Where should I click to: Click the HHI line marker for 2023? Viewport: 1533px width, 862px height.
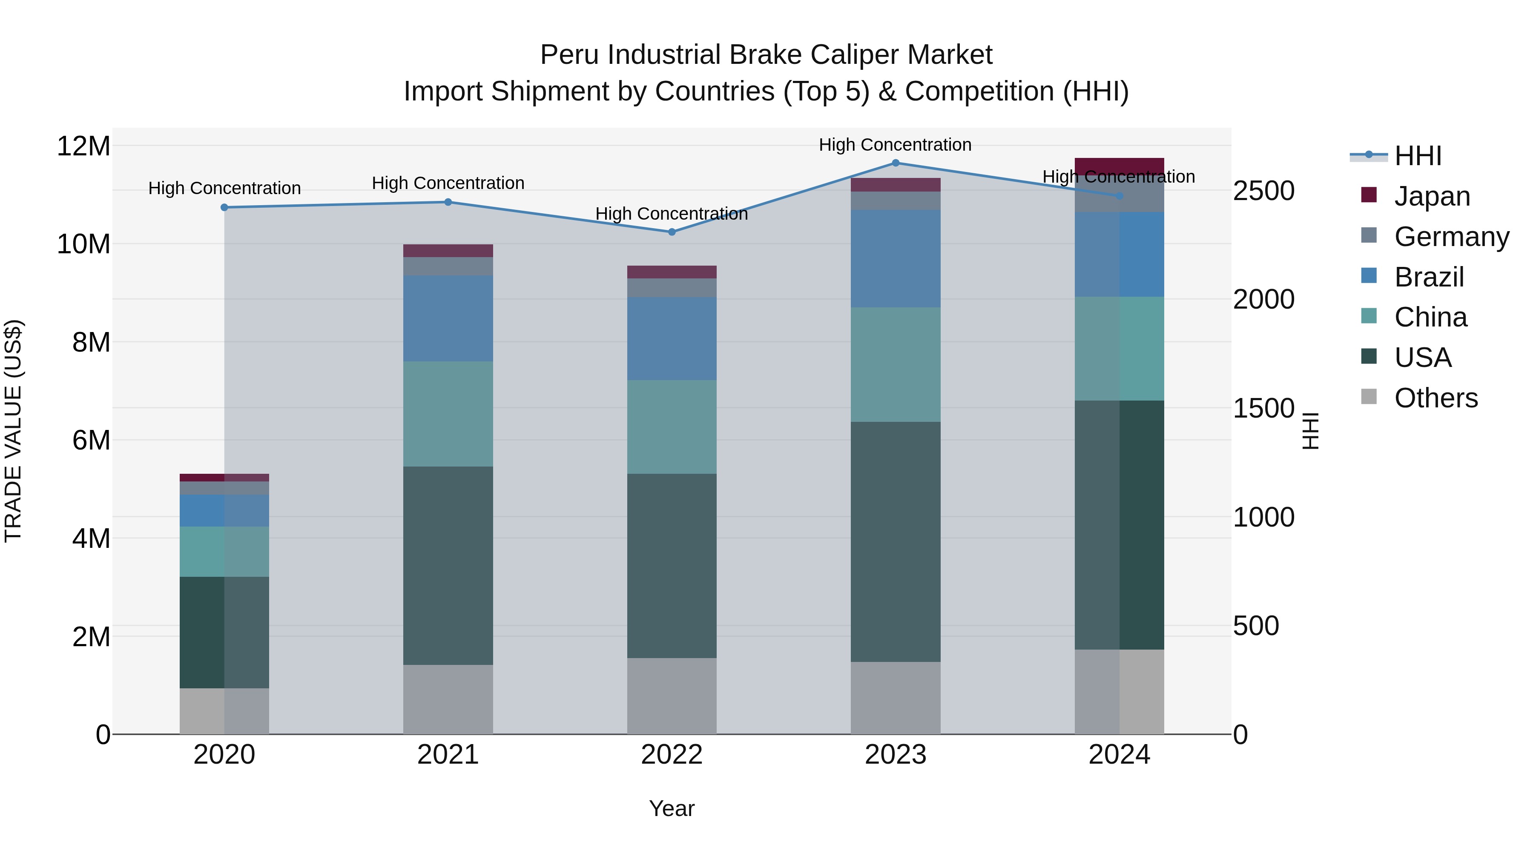[895, 163]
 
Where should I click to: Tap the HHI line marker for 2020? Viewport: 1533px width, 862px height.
[224, 208]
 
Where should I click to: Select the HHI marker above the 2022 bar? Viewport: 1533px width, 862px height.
[672, 232]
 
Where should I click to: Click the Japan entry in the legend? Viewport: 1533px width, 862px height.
[1432, 196]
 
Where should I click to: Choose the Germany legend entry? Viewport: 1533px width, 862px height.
[1451, 237]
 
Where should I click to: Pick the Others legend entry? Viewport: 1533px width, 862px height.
[1435, 398]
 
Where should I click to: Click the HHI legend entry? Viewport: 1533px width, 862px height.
[1418, 156]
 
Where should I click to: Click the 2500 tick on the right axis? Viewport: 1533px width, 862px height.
[1263, 191]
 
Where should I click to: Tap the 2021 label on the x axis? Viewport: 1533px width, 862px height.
[448, 755]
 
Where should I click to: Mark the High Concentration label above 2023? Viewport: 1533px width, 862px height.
[895, 145]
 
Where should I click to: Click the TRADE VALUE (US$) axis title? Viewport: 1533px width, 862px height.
[13, 431]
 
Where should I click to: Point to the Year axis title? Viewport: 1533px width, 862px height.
[672, 808]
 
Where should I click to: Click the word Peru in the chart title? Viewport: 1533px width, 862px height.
[570, 55]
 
